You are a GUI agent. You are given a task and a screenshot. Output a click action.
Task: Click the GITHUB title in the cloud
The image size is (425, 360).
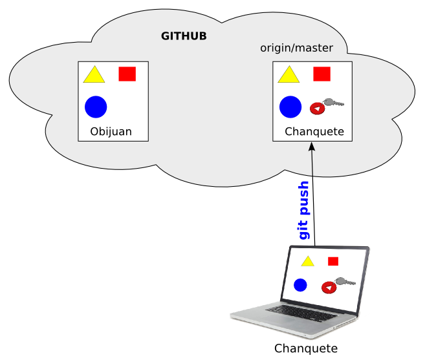[184, 36]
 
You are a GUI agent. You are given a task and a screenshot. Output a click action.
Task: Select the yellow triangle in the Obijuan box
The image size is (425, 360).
[94, 76]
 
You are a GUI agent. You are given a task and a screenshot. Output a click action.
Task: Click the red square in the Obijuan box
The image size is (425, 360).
[127, 74]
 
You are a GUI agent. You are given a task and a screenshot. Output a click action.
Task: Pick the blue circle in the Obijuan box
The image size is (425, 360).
[95, 107]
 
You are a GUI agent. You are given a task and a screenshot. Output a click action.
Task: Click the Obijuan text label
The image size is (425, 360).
[111, 132]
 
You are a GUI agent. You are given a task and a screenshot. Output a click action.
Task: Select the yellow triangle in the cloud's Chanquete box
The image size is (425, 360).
[289, 76]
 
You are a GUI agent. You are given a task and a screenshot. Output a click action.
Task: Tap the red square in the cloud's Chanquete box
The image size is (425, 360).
[321, 74]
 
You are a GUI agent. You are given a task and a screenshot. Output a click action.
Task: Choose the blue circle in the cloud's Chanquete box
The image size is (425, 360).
[290, 107]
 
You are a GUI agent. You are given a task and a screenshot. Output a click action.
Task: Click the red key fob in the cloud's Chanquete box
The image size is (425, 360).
[317, 109]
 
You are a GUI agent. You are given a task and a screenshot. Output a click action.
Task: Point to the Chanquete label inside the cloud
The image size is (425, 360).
[314, 132]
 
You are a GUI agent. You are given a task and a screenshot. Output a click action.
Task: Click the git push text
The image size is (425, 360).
[304, 211]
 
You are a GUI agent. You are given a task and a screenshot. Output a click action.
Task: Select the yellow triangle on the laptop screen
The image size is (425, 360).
[308, 261]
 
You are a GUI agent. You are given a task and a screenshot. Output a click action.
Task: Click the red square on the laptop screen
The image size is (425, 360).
[333, 261]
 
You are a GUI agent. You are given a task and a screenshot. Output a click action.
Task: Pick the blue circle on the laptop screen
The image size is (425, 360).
[300, 284]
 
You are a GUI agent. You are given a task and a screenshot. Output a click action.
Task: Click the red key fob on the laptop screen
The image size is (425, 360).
[328, 287]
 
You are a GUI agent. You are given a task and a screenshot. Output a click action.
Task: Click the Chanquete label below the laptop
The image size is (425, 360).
[306, 349]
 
